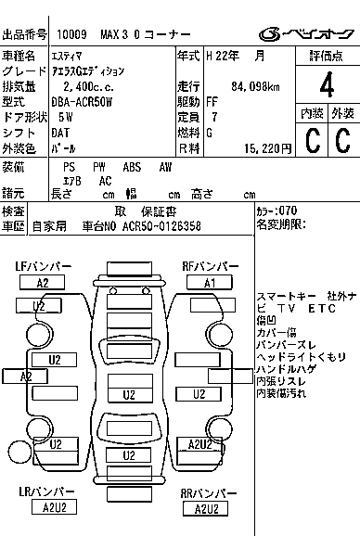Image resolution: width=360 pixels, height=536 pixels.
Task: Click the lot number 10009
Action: coord(71,35)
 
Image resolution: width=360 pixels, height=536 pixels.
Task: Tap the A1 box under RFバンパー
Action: coord(211,282)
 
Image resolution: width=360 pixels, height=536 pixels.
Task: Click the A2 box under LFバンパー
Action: coord(43,282)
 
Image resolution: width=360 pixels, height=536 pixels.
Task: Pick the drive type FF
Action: coord(212,102)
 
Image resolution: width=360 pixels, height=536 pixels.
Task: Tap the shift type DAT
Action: coord(63,133)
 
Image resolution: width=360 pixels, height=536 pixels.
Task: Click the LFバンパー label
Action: coord(43,266)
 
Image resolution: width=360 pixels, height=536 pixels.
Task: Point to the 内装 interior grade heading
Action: coord(312,113)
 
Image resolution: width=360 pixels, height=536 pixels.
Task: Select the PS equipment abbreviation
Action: coord(69,167)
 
